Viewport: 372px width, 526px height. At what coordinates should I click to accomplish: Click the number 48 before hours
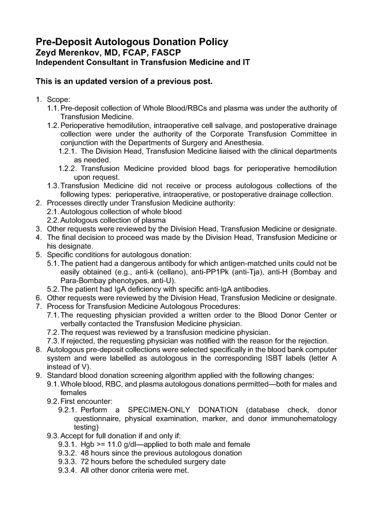tap(86, 453)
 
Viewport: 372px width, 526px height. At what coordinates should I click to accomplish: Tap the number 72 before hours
tap(86, 462)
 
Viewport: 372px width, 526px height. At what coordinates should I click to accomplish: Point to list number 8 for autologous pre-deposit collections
tap(39, 349)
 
